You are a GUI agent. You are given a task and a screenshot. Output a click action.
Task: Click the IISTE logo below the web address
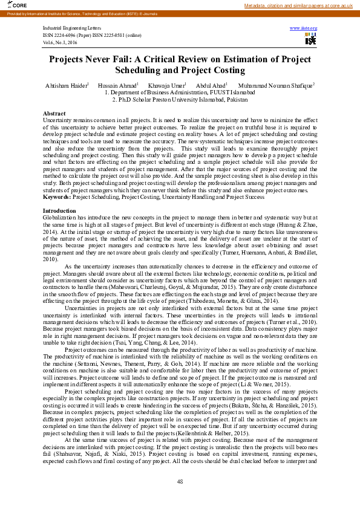(310, 40)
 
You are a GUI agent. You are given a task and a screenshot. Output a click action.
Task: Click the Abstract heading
(54, 114)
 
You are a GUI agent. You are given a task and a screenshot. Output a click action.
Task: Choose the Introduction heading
(58, 210)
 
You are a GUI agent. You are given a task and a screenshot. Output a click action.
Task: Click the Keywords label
(57, 197)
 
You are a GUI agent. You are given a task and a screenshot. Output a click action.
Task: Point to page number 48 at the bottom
(180, 481)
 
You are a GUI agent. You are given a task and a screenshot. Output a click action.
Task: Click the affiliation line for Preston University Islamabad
(180, 99)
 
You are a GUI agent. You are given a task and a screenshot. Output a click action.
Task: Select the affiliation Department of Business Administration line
(180, 93)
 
